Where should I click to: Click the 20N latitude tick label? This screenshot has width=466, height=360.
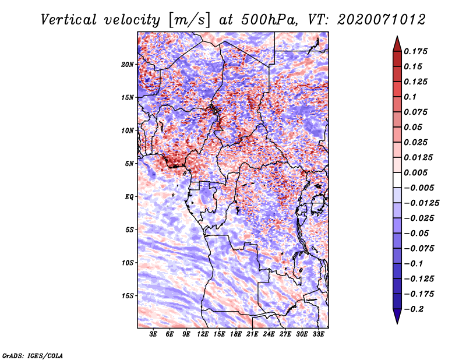coord(128,65)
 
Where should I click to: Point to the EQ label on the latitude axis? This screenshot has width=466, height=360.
coord(129,197)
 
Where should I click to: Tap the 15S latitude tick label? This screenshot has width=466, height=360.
coord(128,296)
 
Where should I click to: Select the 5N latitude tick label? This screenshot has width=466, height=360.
coord(129,164)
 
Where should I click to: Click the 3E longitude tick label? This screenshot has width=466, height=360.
coord(153,334)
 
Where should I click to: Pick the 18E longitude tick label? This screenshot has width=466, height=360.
coord(236,334)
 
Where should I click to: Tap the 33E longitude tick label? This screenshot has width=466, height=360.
coord(318,334)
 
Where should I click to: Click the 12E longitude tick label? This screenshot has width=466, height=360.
coord(203,334)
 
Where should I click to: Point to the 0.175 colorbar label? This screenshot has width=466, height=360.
coord(415,51)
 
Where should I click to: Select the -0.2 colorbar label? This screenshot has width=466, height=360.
coord(414,309)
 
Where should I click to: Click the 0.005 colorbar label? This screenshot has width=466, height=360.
coord(415,172)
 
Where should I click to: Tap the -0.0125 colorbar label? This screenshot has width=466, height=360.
coord(421,203)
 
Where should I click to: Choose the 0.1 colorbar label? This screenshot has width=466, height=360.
coord(410,97)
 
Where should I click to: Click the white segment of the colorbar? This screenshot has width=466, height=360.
coord(397,180)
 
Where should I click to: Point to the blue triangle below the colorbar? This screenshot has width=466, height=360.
coord(397,316)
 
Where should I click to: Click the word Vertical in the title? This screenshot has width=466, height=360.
coord(69,20)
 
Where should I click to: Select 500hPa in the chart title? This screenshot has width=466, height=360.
coord(269,20)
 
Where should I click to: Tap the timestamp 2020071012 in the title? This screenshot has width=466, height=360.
coord(382,20)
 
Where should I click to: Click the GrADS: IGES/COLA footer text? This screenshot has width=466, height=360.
coord(33,355)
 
